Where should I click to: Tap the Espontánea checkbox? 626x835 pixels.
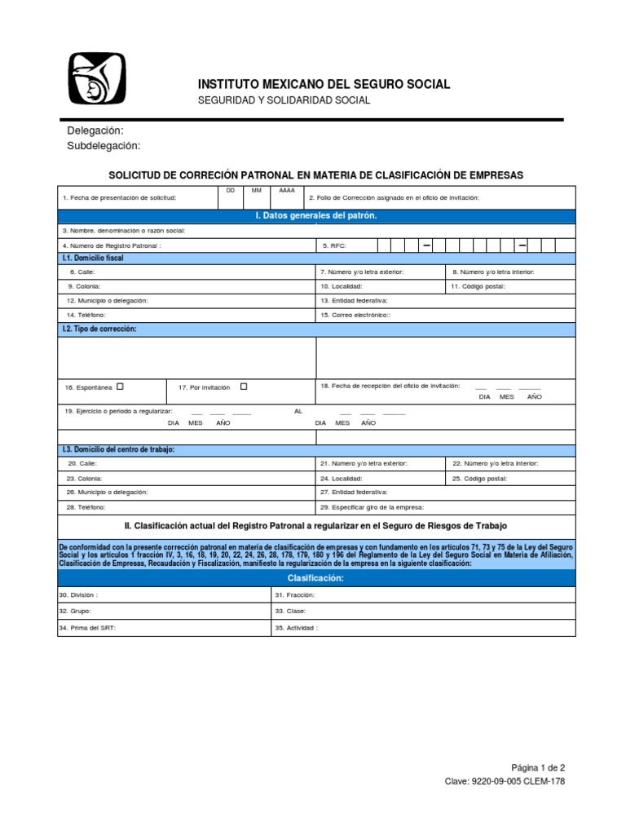tap(121, 387)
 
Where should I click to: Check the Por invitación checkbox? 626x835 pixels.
tap(244, 387)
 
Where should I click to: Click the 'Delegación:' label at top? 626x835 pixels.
tap(95, 130)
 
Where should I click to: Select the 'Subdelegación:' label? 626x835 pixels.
tap(104, 146)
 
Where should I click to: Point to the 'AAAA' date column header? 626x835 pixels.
tap(287, 190)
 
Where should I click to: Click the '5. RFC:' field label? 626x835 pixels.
tap(335, 245)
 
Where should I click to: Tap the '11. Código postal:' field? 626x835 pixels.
tap(479, 286)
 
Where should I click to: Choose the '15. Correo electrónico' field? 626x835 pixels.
tap(355, 314)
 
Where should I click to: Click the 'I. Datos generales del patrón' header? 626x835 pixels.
tap(316, 215)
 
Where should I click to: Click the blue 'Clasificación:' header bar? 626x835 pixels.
tap(316, 578)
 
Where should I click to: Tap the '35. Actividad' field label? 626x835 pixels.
tap(297, 628)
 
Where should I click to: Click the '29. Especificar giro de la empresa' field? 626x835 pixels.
tap(372, 506)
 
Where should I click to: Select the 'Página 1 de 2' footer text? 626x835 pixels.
tap(537, 767)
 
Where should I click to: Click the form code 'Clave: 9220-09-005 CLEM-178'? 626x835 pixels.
tap(504, 781)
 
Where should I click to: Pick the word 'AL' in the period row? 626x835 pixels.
tap(298, 411)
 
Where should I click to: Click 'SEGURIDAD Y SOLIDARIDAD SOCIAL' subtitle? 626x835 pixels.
tap(284, 100)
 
